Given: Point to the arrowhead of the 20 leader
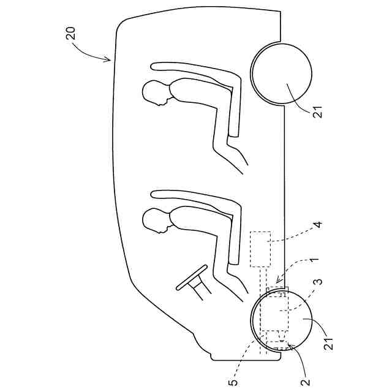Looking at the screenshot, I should pyautogui.click(x=110, y=61).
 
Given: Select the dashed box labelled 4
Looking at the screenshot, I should pyautogui.click(x=261, y=249).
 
